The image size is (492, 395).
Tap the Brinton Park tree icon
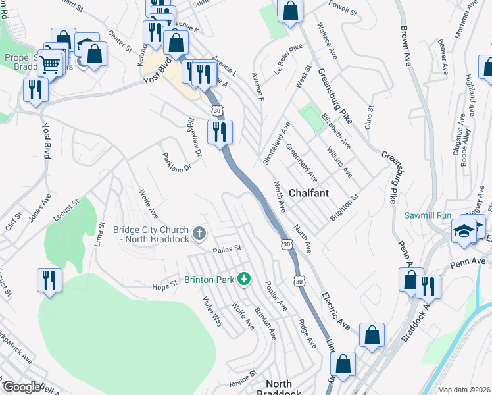click(x=244, y=279)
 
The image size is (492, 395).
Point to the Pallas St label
click(x=228, y=250)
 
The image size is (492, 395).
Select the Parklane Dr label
click(x=176, y=162)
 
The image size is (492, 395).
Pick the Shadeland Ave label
click(x=276, y=143)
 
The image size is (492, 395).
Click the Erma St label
click(x=99, y=236)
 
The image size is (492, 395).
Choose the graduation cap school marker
click(x=464, y=231)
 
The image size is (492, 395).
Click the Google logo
click(x=22, y=387)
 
